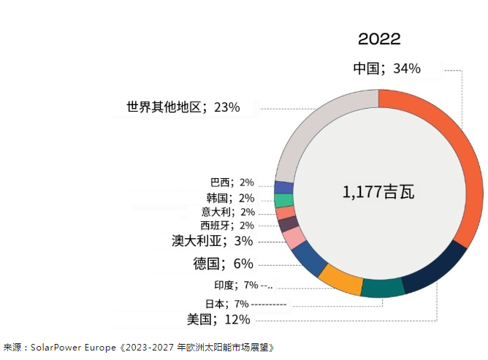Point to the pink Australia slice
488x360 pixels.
coord(294,238)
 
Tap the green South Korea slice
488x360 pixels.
coord(284,200)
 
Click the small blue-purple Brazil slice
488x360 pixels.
coord(283,187)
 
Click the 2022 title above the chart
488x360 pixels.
coord(379,39)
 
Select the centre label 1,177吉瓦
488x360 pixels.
coord(378,192)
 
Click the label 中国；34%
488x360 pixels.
coord(386,69)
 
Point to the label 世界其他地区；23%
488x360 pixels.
coord(183,107)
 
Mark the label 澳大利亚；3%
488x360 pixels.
coord(212,240)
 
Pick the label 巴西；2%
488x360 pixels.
coord(232,183)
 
